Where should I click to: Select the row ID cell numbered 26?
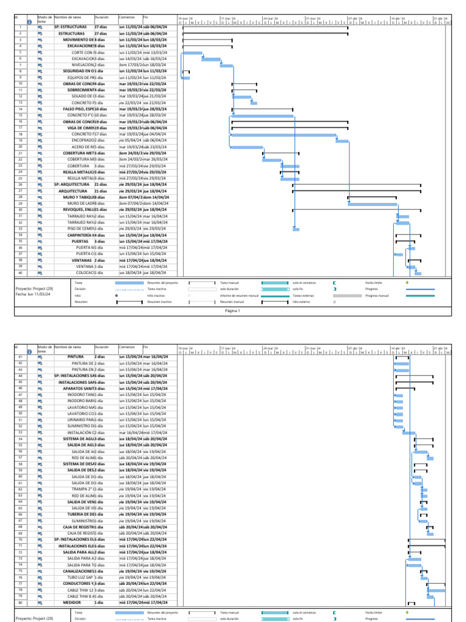[x=21, y=184]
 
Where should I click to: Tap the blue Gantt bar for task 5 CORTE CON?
[x=192, y=53]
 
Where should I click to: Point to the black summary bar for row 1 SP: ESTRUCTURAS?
[x=265, y=27]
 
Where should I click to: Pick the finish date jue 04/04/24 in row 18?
[x=155, y=134]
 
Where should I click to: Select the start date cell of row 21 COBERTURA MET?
[x=130, y=153]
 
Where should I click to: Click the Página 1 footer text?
[x=232, y=310]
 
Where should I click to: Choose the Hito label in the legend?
[x=77, y=295]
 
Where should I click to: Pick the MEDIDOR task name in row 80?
[x=73, y=602]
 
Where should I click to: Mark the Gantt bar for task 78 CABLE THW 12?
[x=436, y=590]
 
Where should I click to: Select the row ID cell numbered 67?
[x=21, y=521]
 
